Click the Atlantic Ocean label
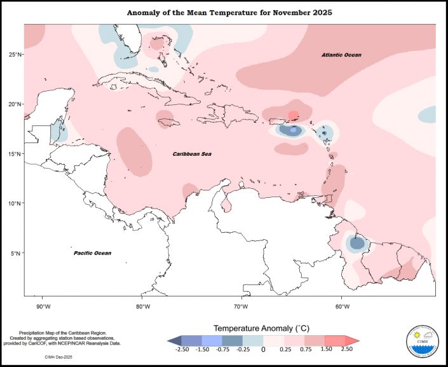341,55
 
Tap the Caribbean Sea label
193,154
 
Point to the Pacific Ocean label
92,253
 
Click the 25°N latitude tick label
15,55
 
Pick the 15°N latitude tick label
15,154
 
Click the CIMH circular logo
421,344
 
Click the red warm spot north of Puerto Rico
293,115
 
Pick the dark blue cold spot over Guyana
357,242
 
